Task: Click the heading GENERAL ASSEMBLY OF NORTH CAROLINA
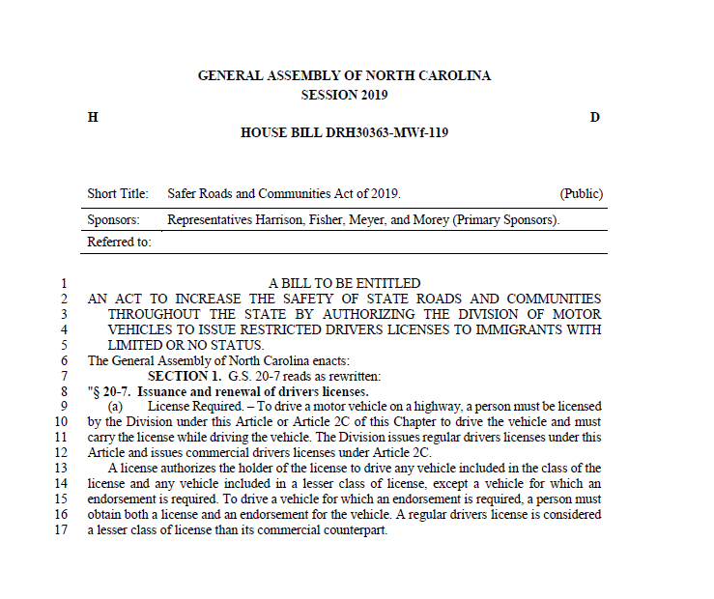click(x=344, y=75)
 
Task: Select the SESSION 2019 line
click(x=344, y=95)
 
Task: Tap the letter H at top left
click(x=93, y=117)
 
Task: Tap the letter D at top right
click(x=595, y=117)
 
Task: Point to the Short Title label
click(x=118, y=194)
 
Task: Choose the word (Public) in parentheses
click(x=582, y=194)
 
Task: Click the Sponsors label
click(x=114, y=219)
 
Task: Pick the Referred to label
click(x=120, y=242)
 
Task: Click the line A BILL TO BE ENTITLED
click(x=344, y=283)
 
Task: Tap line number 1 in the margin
click(x=64, y=283)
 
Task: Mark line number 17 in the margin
click(x=61, y=530)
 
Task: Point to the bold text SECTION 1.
click(x=185, y=376)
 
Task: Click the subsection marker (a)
click(x=116, y=407)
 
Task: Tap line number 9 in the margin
click(x=64, y=407)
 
